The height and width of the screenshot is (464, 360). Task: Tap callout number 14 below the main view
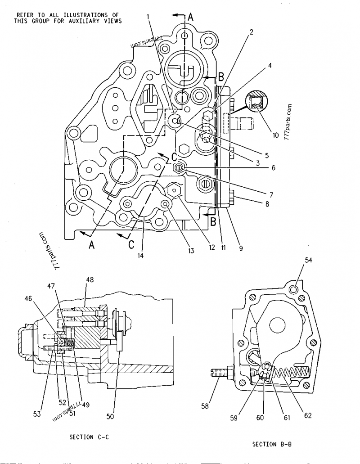[x=141, y=256]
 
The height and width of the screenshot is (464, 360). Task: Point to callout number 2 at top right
[x=252, y=32]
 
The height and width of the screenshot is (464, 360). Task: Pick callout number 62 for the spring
[x=308, y=415]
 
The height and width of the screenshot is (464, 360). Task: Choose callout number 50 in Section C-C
[x=110, y=417]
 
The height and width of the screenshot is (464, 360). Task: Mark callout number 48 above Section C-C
[x=90, y=279]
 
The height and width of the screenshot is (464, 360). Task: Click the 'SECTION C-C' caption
[x=90, y=437]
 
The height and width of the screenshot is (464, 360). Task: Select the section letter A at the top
[x=190, y=18]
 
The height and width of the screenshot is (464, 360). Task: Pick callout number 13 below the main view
[x=191, y=251]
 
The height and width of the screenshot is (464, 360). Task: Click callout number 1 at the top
[x=148, y=18]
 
